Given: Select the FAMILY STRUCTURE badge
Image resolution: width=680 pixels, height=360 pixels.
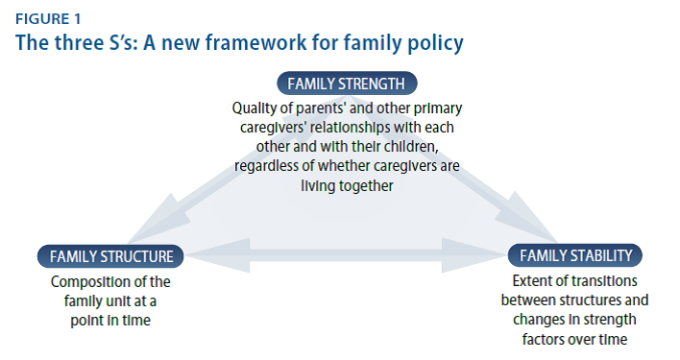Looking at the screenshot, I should (x=111, y=255).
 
